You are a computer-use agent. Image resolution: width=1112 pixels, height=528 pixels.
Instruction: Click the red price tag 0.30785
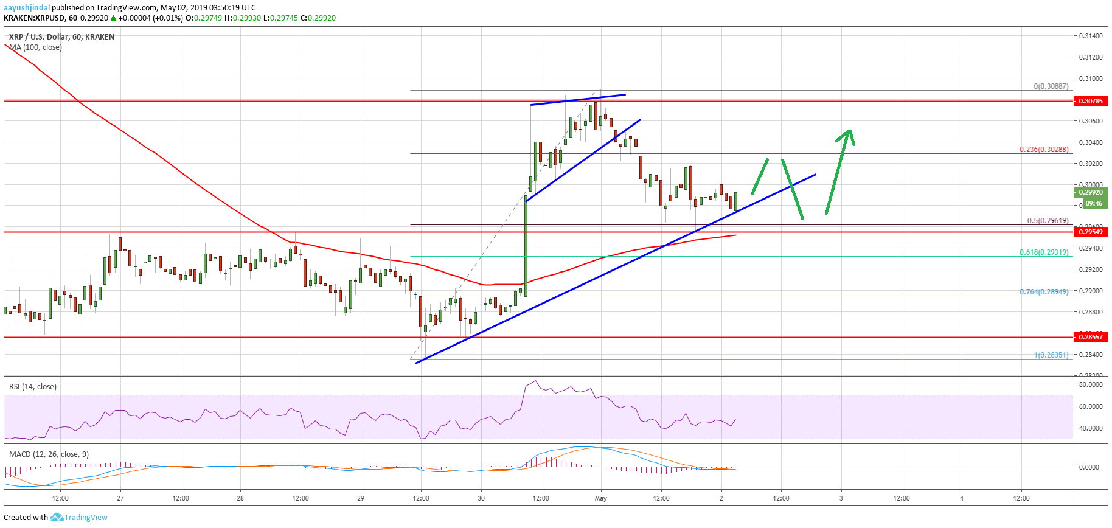(1090, 101)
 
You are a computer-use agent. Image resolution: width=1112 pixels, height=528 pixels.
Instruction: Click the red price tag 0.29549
(1090, 232)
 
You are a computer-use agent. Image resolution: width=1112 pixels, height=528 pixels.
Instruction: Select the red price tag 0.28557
(1090, 336)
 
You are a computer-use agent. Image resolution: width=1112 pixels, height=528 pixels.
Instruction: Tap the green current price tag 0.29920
(1091, 192)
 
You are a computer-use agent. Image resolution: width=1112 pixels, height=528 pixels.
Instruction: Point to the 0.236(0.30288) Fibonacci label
(1044, 150)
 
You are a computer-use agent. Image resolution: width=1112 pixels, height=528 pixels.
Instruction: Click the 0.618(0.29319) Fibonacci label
(1044, 252)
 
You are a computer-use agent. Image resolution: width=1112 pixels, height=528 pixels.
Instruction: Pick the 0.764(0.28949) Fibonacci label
(1044, 292)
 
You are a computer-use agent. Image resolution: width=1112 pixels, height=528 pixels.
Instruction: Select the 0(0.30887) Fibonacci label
(1051, 86)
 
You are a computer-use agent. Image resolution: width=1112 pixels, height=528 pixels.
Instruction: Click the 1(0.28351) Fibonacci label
(1051, 355)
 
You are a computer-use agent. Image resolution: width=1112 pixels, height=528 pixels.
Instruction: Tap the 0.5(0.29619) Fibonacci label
(1048, 221)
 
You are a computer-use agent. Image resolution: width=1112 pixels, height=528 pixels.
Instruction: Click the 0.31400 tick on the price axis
(1090, 36)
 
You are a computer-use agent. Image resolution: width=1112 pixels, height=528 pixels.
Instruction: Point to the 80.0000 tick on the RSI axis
(1090, 384)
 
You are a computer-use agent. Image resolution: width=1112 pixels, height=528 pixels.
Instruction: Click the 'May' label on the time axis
(601, 498)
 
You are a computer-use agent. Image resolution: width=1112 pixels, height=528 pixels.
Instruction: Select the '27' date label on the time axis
(120, 498)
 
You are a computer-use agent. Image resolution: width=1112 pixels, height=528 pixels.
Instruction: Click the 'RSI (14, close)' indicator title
(33, 387)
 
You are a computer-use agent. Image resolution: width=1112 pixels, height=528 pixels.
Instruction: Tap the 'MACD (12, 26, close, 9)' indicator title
(49, 454)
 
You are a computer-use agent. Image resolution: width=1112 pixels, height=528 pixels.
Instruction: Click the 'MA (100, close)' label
(35, 47)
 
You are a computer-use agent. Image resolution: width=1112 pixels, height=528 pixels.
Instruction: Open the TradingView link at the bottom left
(85, 518)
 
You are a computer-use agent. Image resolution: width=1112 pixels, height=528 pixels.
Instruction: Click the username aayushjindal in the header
(27, 8)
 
